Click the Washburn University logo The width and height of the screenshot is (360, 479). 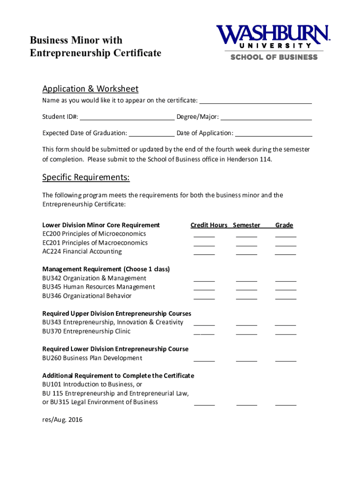[273, 42]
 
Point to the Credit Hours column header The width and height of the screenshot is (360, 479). [209, 225]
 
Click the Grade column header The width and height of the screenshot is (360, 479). [284, 225]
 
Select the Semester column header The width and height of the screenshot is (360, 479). [246, 225]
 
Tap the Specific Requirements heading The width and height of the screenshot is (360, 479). [86, 177]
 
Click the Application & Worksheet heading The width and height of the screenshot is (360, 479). [90, 89]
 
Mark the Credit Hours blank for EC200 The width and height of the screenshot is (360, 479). [204, 236]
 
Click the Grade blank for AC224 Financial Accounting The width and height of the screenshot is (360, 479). [286, 254]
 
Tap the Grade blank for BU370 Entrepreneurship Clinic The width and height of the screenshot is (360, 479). [286, 334]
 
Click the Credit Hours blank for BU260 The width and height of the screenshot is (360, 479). [204, 361]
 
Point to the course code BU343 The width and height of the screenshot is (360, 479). [51, 322]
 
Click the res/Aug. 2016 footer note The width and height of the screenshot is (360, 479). [62, 420]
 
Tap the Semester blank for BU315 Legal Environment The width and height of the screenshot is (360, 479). [246, 405]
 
